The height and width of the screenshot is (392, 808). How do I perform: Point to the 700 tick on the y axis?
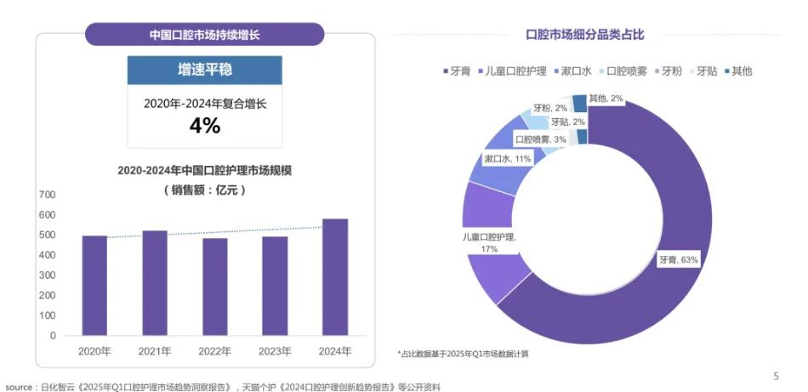(x=48, y=195)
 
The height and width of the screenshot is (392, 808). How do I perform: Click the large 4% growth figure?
(x=204, y=126)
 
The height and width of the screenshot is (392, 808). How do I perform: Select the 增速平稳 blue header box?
(x=204, y=71)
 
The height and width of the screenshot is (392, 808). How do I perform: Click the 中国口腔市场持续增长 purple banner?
(x=204, y=35)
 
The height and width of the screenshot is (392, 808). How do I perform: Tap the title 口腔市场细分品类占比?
(x=585, y=35)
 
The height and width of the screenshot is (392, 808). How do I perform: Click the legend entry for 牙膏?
(x=459, y=71)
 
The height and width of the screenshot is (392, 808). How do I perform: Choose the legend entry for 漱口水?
(x=571, y=71)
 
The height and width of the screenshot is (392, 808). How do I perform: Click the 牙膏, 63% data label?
(x=678, y=260)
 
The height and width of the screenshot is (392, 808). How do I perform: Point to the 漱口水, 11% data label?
(x=508, y=159)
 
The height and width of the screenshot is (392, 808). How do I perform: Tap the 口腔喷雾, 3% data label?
(x=541, y=139)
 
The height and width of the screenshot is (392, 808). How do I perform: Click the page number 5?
(x=775, y=376)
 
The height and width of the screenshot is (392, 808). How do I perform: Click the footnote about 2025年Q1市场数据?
(x=464, y=354)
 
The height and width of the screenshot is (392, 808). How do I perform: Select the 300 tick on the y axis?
(x=48, y=275)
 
